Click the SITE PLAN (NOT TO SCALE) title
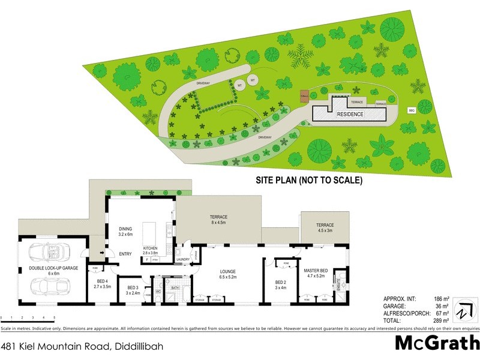click(x=310, y=180)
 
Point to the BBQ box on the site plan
click(x=412, y=110)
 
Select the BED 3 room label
click(x=133, y=290)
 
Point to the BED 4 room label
click(x=102, y=284)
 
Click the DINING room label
click(x=125, y=230)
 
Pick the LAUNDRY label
click(x=184, y=259)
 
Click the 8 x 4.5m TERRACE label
click(x=218, y=220)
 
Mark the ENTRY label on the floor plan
click(x=125, y=254)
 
